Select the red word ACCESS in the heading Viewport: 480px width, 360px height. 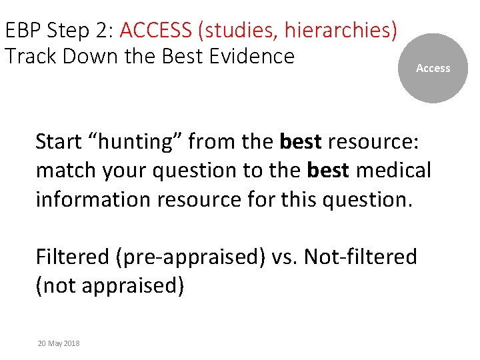(160, 31)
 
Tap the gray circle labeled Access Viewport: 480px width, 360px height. (433, 68)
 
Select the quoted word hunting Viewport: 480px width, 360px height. (134, 141)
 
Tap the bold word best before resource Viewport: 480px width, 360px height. (301, 141)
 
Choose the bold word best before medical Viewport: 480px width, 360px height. (329, 171)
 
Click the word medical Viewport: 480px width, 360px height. (394, 171)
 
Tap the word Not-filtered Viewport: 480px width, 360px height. (361, 257)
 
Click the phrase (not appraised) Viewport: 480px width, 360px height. (109, 285)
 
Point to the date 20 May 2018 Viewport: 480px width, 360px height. (59, 343)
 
